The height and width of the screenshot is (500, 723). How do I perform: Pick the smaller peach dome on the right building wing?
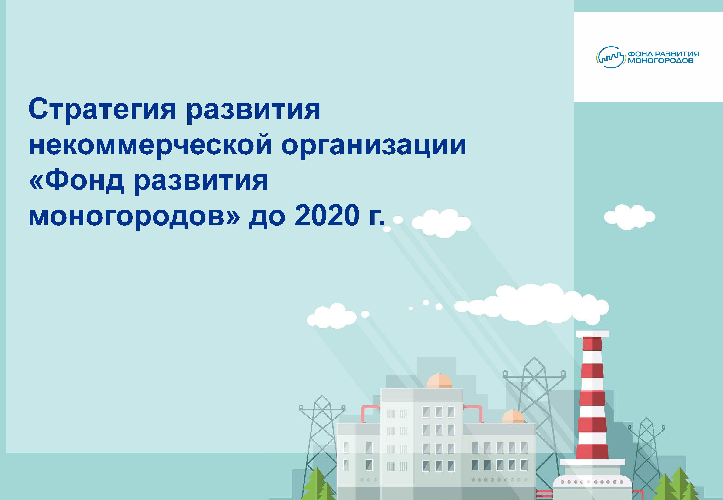pos(513,417)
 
